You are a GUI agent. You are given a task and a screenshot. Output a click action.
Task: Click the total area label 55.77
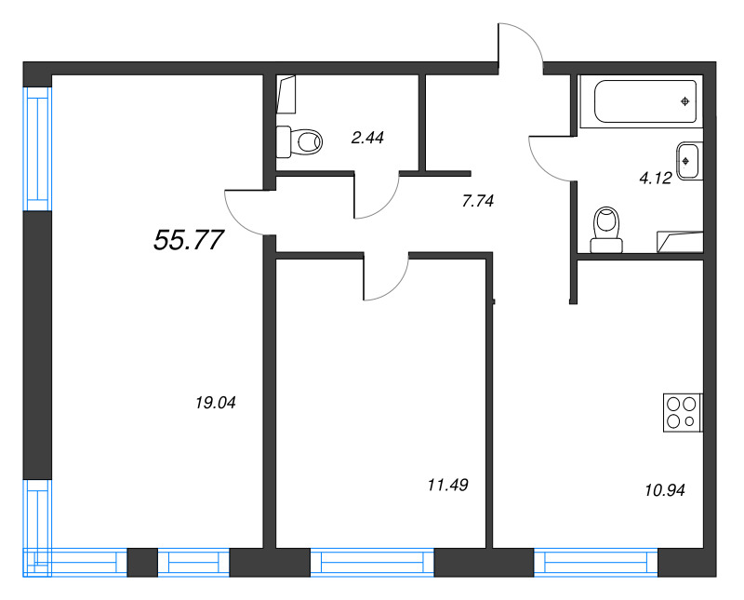pos(189,240)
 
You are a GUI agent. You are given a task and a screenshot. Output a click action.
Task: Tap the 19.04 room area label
pos(216,403)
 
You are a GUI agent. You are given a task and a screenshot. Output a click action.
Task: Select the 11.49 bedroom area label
pos(448,485)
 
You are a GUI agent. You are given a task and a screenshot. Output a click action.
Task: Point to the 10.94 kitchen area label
pos(665,490)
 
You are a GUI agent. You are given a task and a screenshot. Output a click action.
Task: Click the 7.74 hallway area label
pos(478,201)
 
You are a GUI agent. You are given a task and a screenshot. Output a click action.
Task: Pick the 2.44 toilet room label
pos(367,138)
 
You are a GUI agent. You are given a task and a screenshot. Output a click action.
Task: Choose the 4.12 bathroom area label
pos(656,179)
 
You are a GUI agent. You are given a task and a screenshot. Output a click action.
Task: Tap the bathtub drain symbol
pos(684,101)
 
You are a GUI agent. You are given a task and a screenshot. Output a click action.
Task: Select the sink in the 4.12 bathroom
pos(688,161)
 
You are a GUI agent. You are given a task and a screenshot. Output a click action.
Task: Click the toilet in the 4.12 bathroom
pos(606,230)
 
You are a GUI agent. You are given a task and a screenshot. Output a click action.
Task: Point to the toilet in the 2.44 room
pos(299,141)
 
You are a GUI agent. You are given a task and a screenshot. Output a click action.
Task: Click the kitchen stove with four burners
pos(683,412)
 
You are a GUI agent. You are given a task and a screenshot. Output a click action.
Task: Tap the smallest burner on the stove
pos(689,421)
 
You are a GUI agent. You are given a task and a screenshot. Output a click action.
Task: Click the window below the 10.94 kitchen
pos(596,563)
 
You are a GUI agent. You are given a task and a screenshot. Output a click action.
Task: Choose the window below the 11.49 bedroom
pos(373,563)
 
